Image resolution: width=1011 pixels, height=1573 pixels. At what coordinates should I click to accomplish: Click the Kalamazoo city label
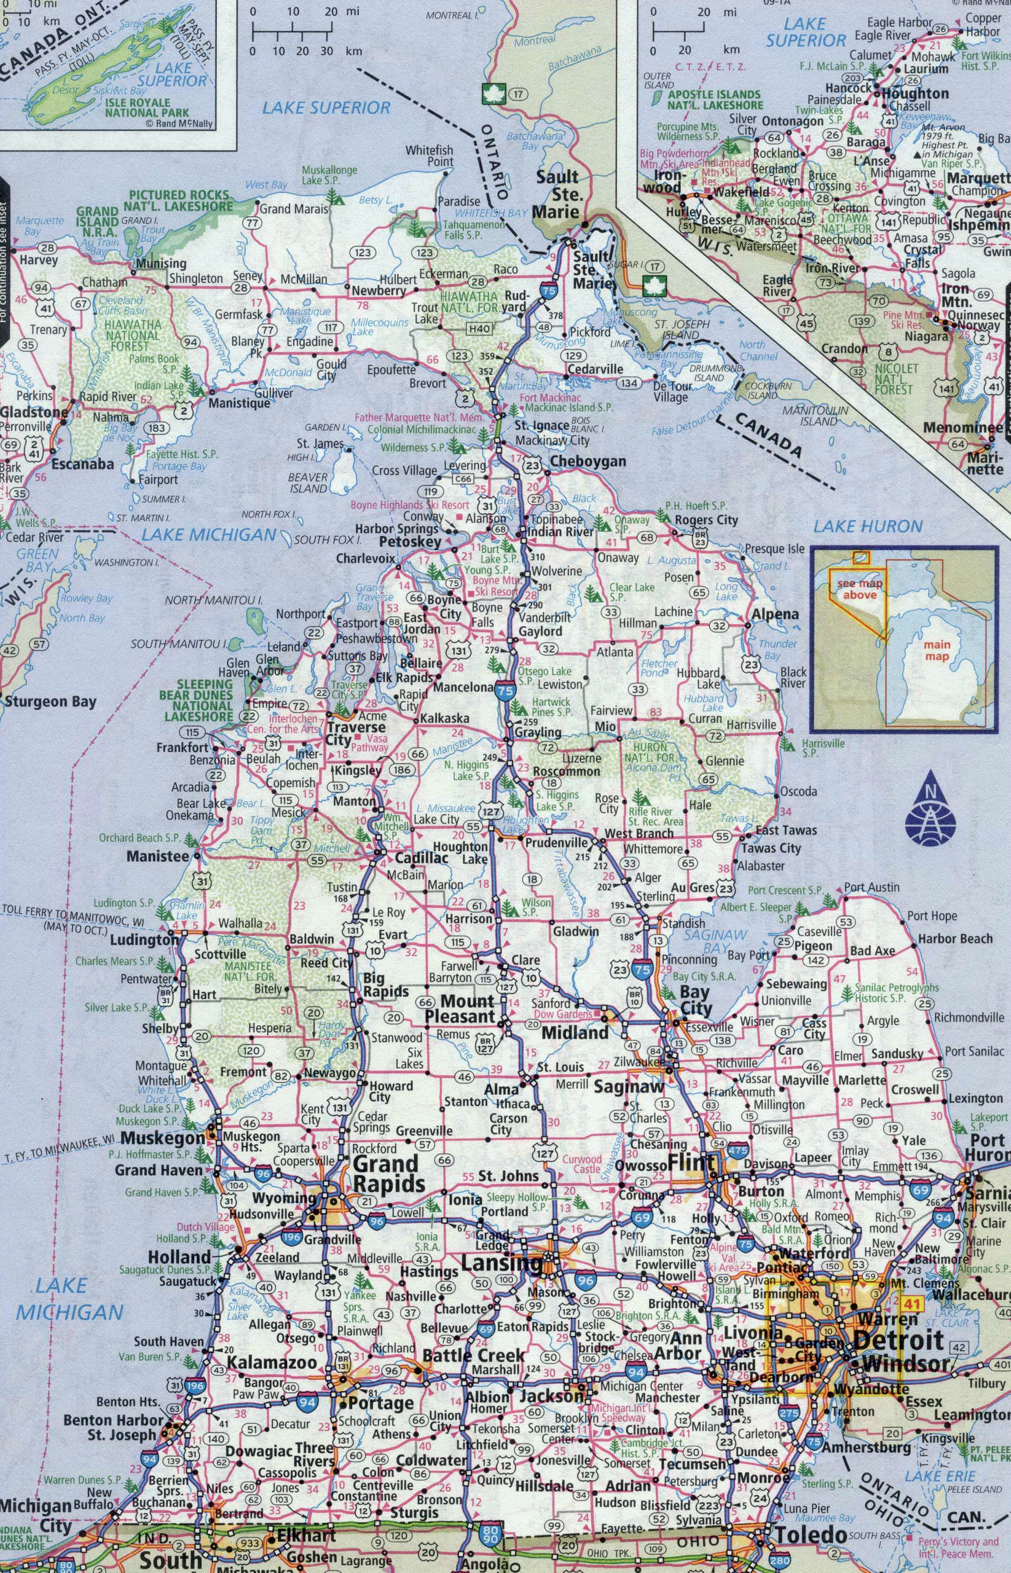click(x=272, y=1344)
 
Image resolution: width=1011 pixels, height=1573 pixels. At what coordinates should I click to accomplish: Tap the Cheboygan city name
click(x=588, y=461)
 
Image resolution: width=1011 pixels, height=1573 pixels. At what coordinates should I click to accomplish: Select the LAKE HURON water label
click(x=868, y=525)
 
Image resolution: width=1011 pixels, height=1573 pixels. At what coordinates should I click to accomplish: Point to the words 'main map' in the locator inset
click(x=937, y=650)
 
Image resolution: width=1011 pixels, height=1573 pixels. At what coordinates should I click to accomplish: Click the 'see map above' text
click(x=859, y=589)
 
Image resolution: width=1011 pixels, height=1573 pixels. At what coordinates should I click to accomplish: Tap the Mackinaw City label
click(x=552, y=441)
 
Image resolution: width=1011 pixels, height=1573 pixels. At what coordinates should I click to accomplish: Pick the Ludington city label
click(x=144, y=939)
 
